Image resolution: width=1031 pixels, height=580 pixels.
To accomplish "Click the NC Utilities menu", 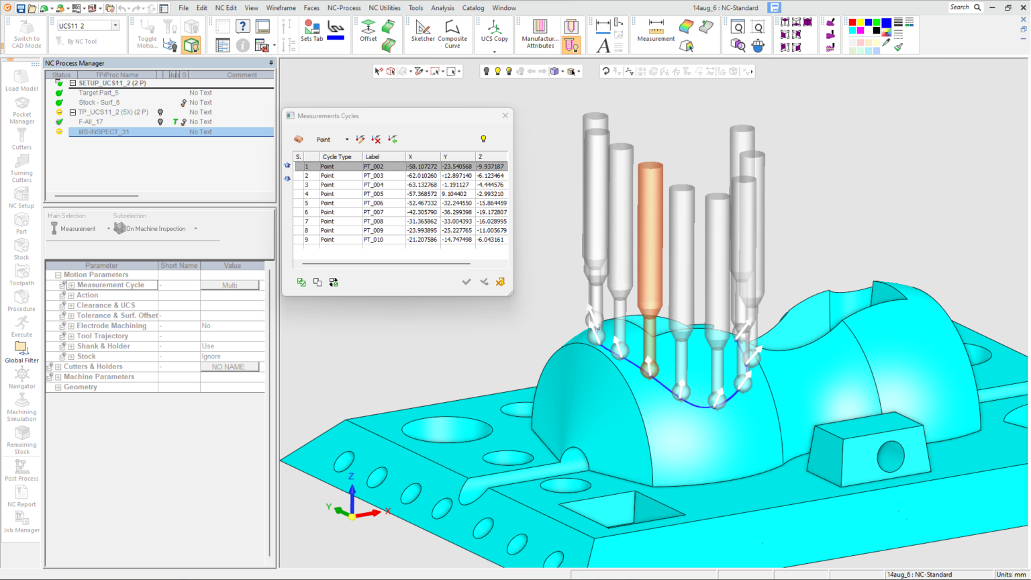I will [x=385, y=8].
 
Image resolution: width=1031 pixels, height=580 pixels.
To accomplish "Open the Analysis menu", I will [x=442, y=8].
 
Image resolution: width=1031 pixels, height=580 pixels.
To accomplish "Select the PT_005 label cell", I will [x=373, y=194].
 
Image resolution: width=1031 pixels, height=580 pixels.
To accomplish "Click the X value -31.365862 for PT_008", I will [x=422, y=222].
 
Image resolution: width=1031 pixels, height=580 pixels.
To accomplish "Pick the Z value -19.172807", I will [x=491, y=212].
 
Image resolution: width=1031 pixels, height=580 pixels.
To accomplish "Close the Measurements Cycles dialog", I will [x=505, y=115].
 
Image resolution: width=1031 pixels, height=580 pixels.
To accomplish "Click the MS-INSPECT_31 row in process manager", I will [x=103, y=132].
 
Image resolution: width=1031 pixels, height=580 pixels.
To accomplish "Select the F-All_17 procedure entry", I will [x=91, y=122].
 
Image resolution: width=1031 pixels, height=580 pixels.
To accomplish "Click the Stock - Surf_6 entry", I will [x=99, y=103].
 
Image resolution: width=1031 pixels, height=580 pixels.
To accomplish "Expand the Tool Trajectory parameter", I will [x=71, y=336].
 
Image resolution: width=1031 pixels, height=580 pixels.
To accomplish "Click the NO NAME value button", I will [x=228, y=367].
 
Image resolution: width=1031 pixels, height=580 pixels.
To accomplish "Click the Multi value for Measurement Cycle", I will [x=230, y=285].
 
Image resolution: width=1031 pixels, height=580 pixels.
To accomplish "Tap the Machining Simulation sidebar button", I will [x=21, y=405].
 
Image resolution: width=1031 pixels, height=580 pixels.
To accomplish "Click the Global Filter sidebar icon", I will [x=21, y=351].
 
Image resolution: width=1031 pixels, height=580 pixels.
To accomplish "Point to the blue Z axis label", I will [x=351, y=477].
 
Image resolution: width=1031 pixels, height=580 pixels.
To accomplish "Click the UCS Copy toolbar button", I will [x=494, y=31].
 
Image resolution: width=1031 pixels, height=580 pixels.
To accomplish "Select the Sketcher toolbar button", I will [x=423, y=31].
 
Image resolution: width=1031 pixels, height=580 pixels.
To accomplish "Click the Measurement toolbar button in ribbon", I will [x=656, y=31].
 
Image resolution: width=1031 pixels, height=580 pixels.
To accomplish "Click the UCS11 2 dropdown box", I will [x=87, y=26].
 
